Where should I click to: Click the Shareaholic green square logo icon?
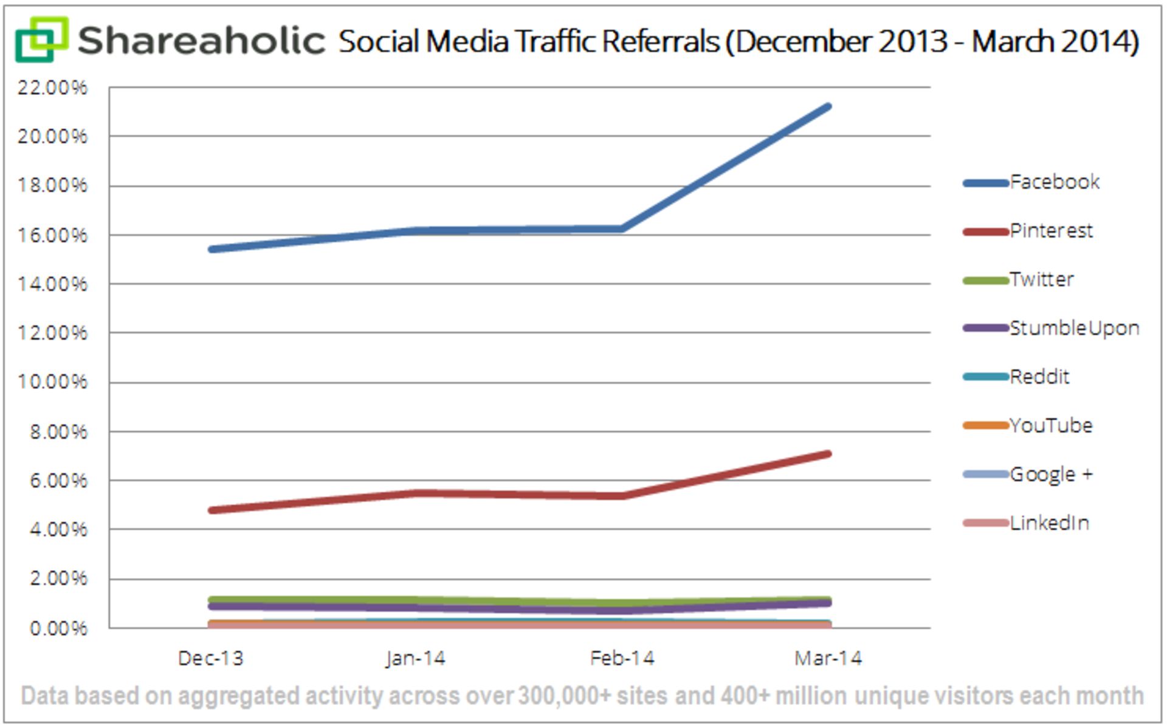[41, 39]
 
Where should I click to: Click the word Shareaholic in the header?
[201, 41]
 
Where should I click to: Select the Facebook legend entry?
[1054, 182]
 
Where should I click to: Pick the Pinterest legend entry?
[1051, 231]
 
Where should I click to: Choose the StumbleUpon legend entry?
[1073, 328]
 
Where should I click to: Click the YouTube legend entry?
[1050, 425]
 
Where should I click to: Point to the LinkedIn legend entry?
[1049, 523]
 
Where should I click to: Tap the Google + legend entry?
[1051, 474]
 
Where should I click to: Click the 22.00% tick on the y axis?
[52, 88]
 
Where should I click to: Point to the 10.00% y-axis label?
[52, 382]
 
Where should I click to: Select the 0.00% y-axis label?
[58, 628]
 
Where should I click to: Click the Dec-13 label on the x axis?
[210, 658]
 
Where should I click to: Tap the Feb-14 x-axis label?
[622, 658]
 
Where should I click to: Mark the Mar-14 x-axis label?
[828, 658]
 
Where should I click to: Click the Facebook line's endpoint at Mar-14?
[828, 107]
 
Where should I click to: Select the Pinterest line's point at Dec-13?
[211, 510]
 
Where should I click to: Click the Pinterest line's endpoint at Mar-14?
[828, 454]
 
